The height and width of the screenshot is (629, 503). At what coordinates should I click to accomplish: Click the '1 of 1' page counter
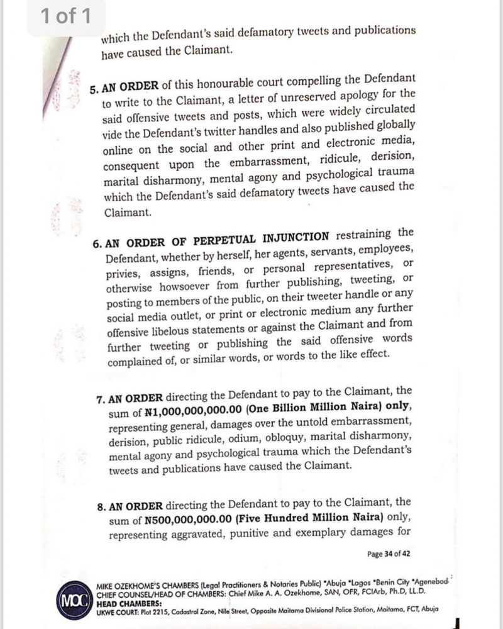point(65,17)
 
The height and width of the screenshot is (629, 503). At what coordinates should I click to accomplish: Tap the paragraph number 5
point(93,89)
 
